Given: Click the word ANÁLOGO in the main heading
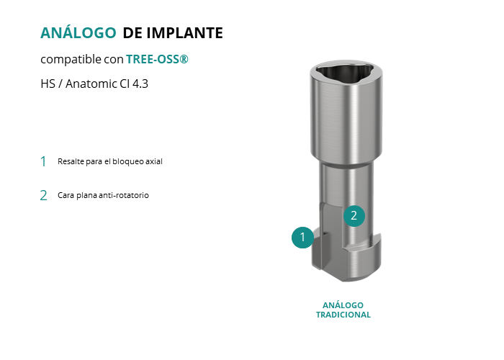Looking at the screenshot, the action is click(x=78, y=32).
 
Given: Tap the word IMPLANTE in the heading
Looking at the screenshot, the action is click(x=184, y=33).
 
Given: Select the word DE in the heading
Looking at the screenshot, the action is click(x=132, y=33).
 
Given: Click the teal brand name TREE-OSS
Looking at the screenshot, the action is click(x=153, y=59).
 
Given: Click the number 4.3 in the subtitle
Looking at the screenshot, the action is click(x=140, y=84).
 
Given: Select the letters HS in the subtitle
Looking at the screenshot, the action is click(x=48, y=84).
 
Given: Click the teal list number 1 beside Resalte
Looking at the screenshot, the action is click(x=43, y=161).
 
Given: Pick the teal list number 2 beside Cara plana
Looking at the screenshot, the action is click(x=43, y=195).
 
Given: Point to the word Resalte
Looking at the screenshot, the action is click(x=71, y=161).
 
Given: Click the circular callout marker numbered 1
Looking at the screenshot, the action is click(x=302, y=238).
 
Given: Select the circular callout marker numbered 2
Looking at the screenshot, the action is click(x=354, y=216).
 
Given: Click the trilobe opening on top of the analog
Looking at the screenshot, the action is click(x=346, y=71).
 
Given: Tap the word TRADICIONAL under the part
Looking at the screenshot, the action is click(x=343, y=315).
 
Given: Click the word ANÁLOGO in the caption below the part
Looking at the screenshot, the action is click(x=343, y=305).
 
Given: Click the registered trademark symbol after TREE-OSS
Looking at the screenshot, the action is click(x=184, y=59).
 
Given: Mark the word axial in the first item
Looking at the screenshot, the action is click(x=154, y=161).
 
